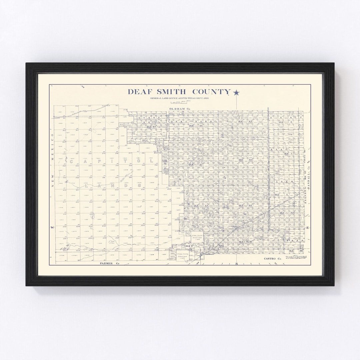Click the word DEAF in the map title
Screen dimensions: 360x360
139,92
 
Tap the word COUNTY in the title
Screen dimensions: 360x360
211,92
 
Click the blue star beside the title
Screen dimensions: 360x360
236,93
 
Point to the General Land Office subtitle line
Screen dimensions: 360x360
179,98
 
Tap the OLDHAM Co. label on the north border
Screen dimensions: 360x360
180,109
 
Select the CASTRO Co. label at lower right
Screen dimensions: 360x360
273,259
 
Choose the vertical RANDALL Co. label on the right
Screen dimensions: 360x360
308,180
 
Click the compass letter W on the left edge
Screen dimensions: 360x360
52,228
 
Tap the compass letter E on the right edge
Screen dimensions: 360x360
308,228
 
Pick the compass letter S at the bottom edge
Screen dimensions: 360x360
237,264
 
